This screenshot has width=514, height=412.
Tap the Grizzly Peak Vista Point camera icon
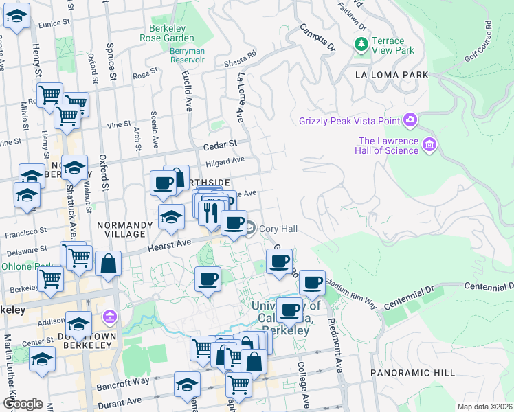pos(410,121)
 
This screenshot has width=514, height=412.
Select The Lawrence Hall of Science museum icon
pos(430,145)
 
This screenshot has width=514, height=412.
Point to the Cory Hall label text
pos(278,228)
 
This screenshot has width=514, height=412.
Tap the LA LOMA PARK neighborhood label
pos(391,75)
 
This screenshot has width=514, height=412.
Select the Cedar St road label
pos(220,145)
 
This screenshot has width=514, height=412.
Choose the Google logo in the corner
pos(23,403)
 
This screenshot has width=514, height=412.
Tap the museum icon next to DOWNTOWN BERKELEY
pos(109,317)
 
